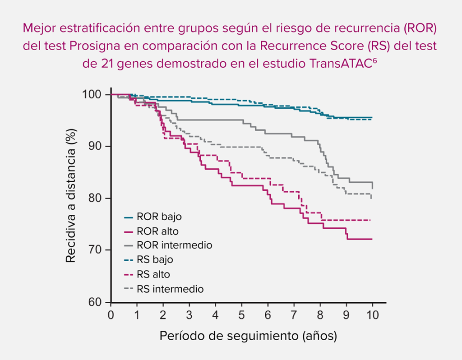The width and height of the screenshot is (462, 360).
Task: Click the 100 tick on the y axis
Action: [96, 94]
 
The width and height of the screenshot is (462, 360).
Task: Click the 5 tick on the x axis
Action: [242, 314]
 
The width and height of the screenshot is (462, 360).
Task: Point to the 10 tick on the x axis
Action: [373, 314]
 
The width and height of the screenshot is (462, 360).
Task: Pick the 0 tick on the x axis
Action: [111, 314]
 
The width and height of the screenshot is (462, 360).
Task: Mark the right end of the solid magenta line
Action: [372, 239]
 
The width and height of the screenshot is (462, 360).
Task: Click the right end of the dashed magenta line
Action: [370, 220]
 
